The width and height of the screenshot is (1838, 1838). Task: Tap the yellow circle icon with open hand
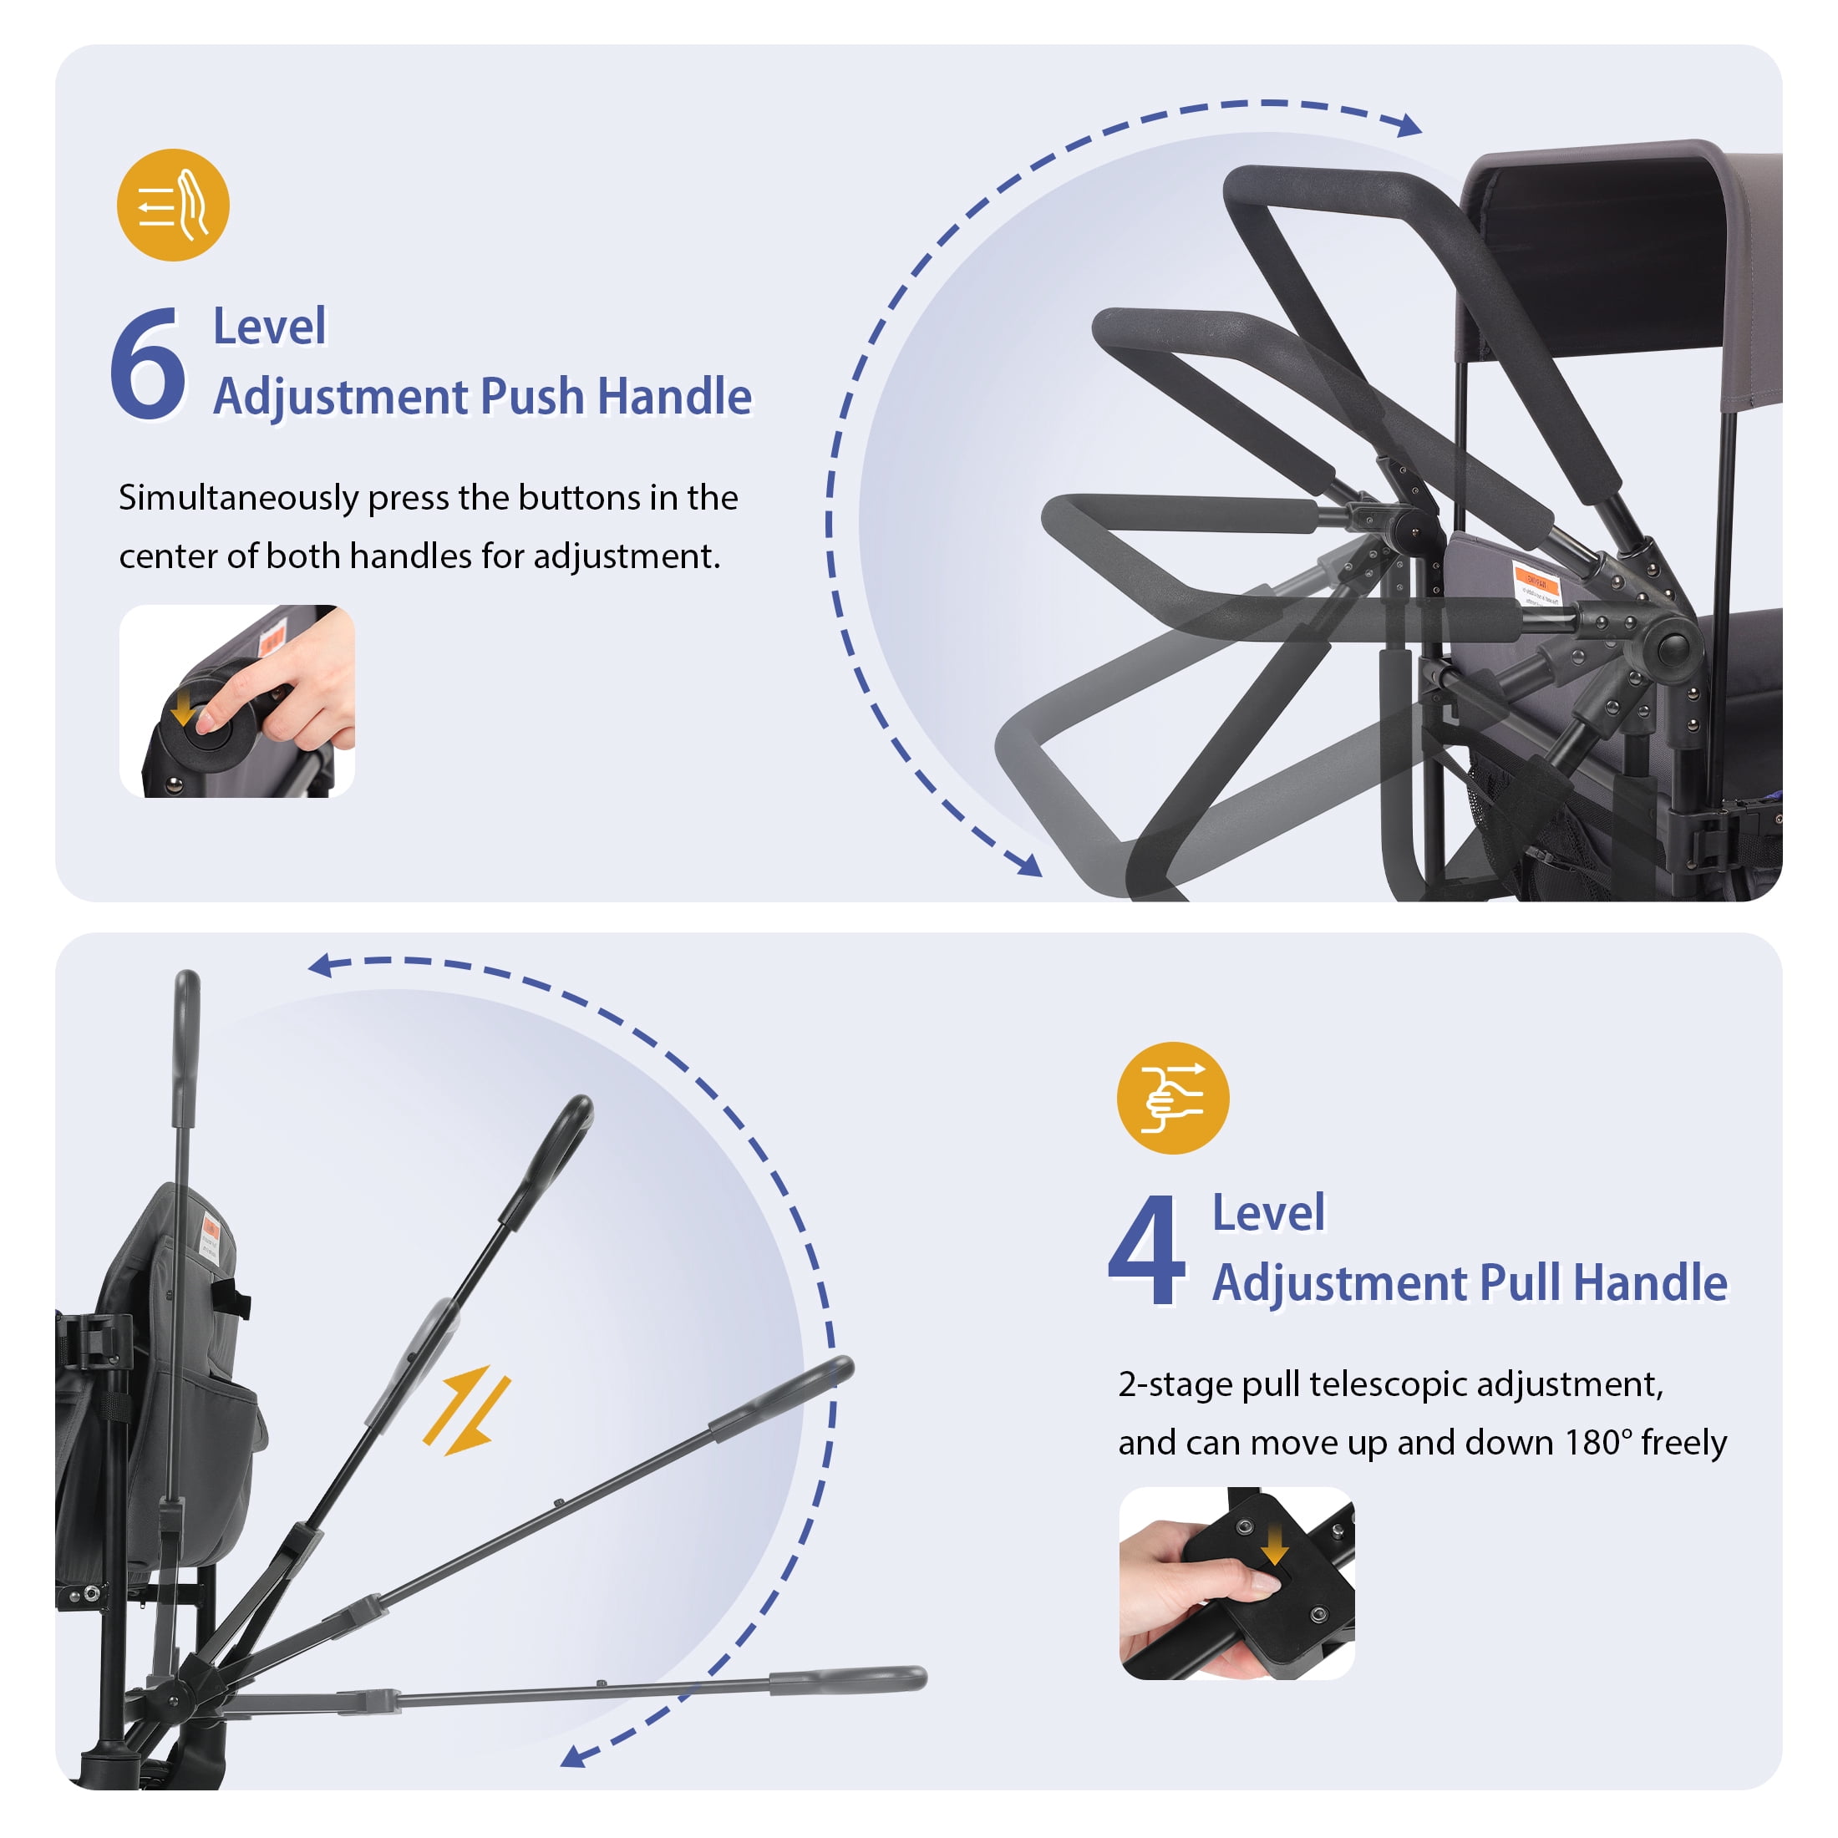(173, 205)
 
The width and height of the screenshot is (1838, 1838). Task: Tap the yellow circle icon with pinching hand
(1172, 1098)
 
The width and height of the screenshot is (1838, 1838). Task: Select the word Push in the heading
(531, 397)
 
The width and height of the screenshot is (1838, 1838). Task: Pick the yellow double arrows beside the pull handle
(466, 1411)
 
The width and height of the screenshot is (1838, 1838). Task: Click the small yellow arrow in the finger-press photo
(181, 707)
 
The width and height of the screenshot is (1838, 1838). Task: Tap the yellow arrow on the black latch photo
(1274, 1547)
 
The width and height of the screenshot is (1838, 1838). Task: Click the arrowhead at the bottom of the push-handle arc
(1029, 865)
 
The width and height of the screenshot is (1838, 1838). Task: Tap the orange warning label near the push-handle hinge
(1537, 582)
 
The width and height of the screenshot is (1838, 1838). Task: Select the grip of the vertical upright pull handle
(186, 1047)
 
